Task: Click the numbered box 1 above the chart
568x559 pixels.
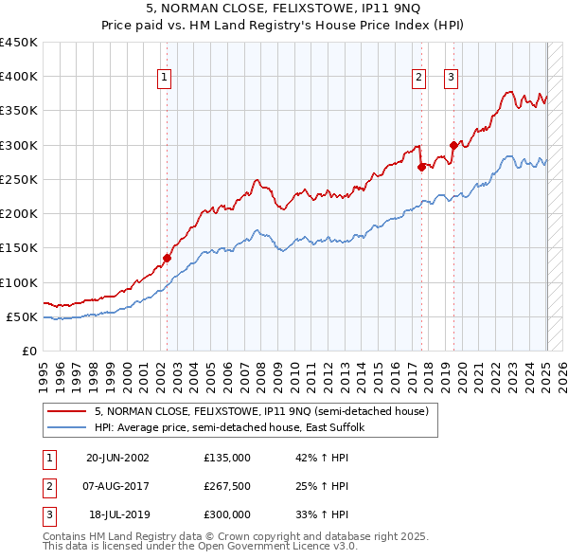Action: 165,78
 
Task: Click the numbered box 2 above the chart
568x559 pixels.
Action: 418,78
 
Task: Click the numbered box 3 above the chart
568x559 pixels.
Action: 451,78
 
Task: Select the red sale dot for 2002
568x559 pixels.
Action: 168,257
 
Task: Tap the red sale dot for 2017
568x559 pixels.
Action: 421,167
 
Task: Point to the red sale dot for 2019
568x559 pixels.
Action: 453,145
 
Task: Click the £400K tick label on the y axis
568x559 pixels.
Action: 19,77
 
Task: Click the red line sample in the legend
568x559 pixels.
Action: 67,411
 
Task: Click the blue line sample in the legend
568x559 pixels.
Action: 67,427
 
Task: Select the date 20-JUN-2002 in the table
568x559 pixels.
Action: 117,457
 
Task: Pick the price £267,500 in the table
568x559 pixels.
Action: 226,486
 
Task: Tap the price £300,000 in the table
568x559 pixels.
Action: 226,514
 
